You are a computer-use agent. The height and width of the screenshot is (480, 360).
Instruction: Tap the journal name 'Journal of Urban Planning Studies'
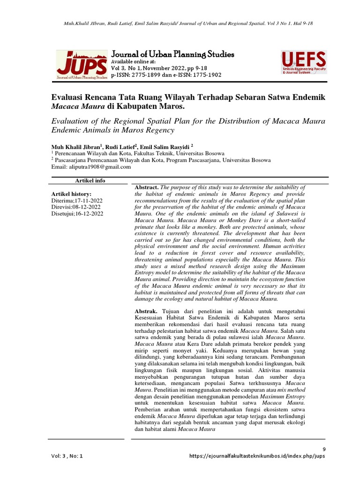coord(172,54)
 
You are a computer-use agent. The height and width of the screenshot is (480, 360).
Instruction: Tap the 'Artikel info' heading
coord(90,180)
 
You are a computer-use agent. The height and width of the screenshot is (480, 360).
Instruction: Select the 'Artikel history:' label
coord(71,194)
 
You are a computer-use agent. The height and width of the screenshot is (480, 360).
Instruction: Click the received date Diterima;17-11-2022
coord(76,200)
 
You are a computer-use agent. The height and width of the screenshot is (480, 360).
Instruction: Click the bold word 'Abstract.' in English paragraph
coord(147,187)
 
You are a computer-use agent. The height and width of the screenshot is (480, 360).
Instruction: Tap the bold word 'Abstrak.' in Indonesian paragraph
coord(147,311)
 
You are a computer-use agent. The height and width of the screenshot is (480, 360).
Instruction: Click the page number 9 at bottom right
coord(323,449)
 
